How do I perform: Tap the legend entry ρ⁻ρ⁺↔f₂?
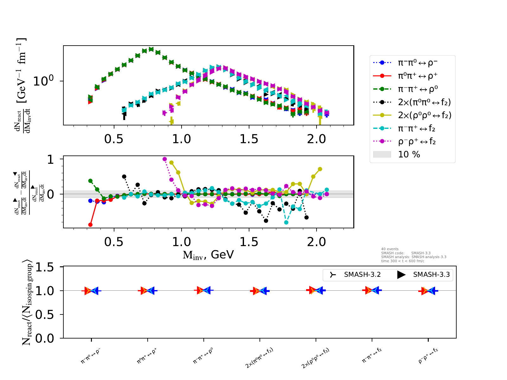tap(417, 142)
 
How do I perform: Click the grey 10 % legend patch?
tap(382, 155)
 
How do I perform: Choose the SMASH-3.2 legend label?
tap(362, 275)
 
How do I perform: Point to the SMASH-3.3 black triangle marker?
tap(401, 275)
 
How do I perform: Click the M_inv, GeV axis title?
tap(208, 255)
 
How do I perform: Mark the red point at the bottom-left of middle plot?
tap(90, 225)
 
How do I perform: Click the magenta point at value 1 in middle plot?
tap(164, 159)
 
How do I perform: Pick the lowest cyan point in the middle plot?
tap(286, 223)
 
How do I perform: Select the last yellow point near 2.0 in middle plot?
tap(320, 169)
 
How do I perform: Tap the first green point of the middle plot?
tap(90, 181)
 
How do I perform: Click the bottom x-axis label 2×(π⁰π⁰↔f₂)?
tap(259, 358)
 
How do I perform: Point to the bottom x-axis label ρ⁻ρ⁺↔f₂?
tap(428, 355)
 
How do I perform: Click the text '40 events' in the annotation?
tap(390, 249)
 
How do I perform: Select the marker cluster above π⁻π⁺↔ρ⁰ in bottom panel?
tap(203, 290)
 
